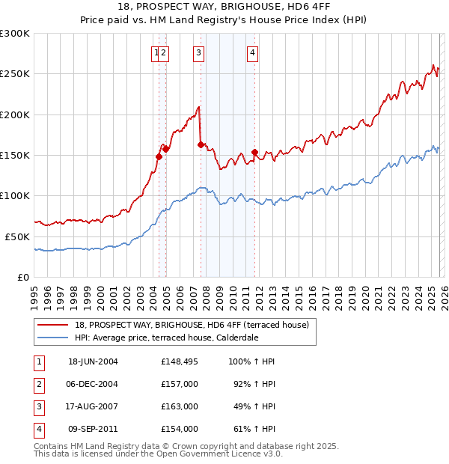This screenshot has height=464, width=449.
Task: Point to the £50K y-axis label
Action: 17,236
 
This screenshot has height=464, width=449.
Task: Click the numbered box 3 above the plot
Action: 198,52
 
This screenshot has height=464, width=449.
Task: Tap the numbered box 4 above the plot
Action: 253,52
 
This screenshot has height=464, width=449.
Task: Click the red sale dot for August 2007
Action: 201,144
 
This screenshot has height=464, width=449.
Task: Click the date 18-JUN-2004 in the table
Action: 93,361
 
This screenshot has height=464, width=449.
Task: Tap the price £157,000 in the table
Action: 179,384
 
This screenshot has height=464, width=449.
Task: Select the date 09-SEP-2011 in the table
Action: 93,429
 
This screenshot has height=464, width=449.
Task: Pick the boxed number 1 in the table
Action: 38,361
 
